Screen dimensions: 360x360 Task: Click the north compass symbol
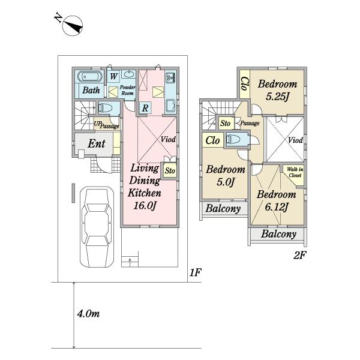click(73, 26)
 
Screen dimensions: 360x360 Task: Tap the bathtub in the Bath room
click(89, 76)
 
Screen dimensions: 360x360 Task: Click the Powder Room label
click(127, 90)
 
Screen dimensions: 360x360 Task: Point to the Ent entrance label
click(97, 144)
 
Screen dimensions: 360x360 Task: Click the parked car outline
click(97, 227)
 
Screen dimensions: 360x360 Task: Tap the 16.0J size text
click(145, 205)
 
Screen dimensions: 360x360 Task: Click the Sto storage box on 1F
click(170, 170)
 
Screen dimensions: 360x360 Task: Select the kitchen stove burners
click(170, 77)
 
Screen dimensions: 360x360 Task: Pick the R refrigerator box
click(145, 107)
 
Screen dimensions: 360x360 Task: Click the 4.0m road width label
click(88, 314)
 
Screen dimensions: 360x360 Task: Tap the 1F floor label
click(196, 272)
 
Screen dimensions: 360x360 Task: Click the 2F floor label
click(300, 255)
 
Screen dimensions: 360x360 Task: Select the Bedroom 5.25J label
click(277, 90)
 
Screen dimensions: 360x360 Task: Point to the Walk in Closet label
click(295, 172)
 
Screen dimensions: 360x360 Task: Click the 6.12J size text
click(277, 207)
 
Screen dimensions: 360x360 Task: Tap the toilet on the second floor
click(233, 139)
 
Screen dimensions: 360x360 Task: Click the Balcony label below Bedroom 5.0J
click(223, 208)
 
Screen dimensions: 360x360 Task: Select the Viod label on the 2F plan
click(295, 140)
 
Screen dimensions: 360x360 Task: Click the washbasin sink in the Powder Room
click(128, 74)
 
